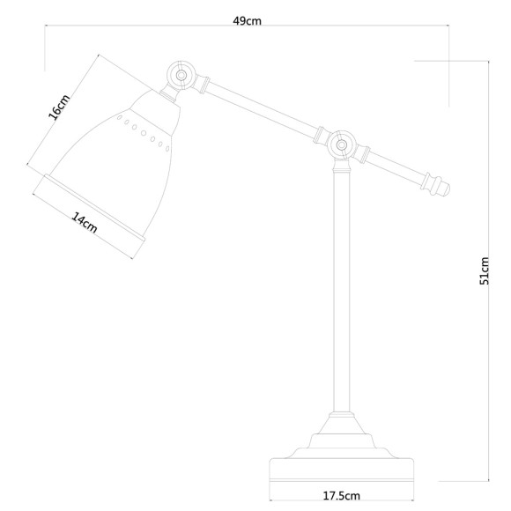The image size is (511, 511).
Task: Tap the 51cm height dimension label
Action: [484, 273]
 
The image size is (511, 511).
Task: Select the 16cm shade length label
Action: [59, 108]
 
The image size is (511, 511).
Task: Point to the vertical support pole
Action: [340, 291]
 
